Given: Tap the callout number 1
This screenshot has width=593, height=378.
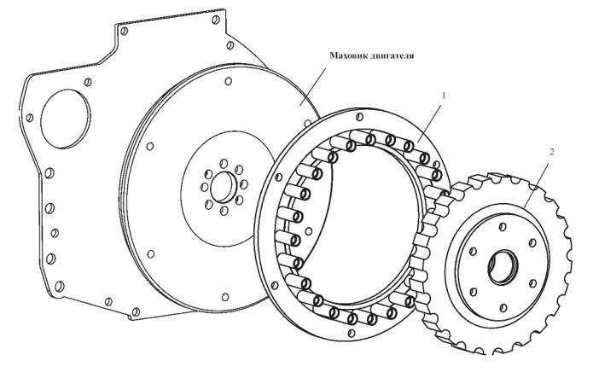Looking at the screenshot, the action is click(444, 96).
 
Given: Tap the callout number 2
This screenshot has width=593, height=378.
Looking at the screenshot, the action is click(552, 152).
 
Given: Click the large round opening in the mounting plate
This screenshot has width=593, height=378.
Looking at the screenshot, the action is click(65, 119).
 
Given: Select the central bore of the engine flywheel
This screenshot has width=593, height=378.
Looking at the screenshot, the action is click(224, 187).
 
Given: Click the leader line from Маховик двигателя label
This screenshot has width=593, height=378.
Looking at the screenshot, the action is click(313, 87).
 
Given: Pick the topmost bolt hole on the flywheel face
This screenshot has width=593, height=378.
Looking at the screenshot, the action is click(228, 81).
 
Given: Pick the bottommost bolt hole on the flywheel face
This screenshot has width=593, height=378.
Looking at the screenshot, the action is click(225, 297).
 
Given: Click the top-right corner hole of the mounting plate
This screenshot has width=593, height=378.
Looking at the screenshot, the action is click(217, 20).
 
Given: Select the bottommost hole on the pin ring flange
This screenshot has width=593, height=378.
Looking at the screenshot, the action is click(350, 333).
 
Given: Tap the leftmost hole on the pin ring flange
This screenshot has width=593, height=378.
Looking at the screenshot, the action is click(279, 177).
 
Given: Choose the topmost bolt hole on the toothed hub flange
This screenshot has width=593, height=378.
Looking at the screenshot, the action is click(503, 227).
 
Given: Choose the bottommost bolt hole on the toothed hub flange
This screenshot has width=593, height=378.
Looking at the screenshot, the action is click(503, 307).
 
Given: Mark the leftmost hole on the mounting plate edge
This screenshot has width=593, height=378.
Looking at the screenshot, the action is click(29, 119).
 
